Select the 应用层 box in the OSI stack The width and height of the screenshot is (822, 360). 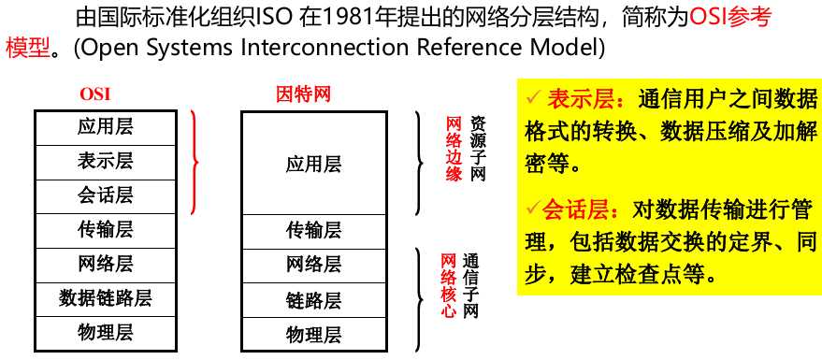pyautogui.click(x=105, y=127)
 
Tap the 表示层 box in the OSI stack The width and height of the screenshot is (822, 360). pyautogui.click(x=105, y=161)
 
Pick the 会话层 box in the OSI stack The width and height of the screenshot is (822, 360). pyautogui.click(x=105, y=195)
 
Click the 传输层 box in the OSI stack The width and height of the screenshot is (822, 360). pyautogui.click(x=105, y=229)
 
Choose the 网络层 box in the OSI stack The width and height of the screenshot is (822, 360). pyautogui.click(x=105, y=264)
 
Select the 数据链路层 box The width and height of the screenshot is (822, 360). pyautogui.click(x=105, y=298)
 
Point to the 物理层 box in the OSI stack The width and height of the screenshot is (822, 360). pyautogui.click(x=105, y=332)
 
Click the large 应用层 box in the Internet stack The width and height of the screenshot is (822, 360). pyautogui.click(x=313, y=165)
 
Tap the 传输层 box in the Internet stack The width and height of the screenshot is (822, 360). pyautogui.click(x=313, y=230)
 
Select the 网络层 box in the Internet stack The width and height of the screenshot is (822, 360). pyautogui.click(x=313, y=265)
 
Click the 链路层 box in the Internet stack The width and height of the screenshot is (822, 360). pyautogui.click(x=313, y=300)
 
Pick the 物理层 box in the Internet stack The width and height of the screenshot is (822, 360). pyautogui.click(x=313, y=334)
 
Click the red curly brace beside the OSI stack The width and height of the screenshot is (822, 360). pyautogui.click(x=194, y=162)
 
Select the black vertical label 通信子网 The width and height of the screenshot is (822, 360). pyautogui.click(x=471, y=286)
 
